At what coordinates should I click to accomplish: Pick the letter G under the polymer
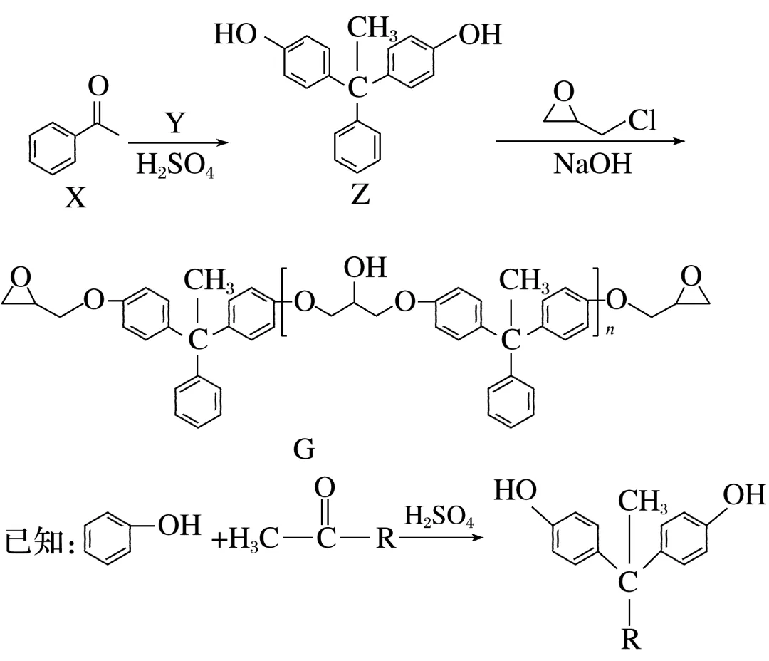[x=303, y=450]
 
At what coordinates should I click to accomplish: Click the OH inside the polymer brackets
[x=365, y=268]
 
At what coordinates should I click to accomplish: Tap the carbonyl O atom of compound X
[x=98, y=87]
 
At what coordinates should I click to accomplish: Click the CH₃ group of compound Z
[x=373, y=30]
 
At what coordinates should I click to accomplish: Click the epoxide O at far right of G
[x=691, y=273]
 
